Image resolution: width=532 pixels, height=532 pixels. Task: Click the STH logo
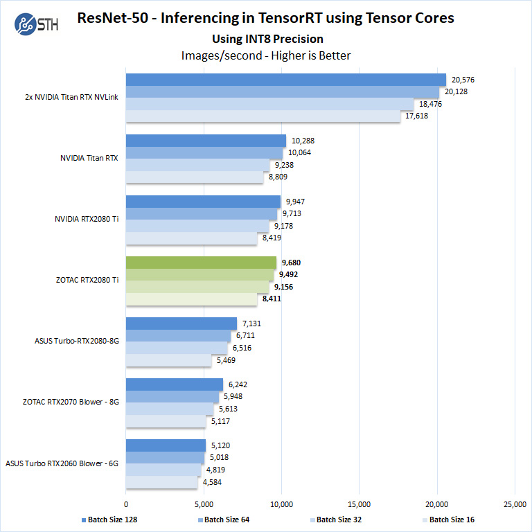35,23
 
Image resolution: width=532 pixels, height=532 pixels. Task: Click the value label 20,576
464,80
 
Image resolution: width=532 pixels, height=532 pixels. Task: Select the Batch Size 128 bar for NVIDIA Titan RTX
206,141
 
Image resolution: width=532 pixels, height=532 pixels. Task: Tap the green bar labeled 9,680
201,263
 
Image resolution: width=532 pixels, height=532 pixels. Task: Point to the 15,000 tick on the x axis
359,504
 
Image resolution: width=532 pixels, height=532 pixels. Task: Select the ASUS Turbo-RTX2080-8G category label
77,341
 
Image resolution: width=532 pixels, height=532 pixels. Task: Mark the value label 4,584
212,481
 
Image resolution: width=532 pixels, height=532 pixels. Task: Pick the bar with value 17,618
263,116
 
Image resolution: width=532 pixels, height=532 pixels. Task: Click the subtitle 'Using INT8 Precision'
266,39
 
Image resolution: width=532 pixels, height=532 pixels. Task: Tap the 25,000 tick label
514,504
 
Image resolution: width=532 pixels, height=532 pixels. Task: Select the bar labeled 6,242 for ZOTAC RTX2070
175,384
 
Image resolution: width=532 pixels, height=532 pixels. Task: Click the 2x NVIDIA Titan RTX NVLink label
71,97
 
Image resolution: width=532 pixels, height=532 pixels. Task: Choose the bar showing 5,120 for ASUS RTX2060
166,445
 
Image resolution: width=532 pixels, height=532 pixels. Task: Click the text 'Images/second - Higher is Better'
266,55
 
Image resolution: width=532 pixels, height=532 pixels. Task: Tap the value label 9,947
296,202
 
